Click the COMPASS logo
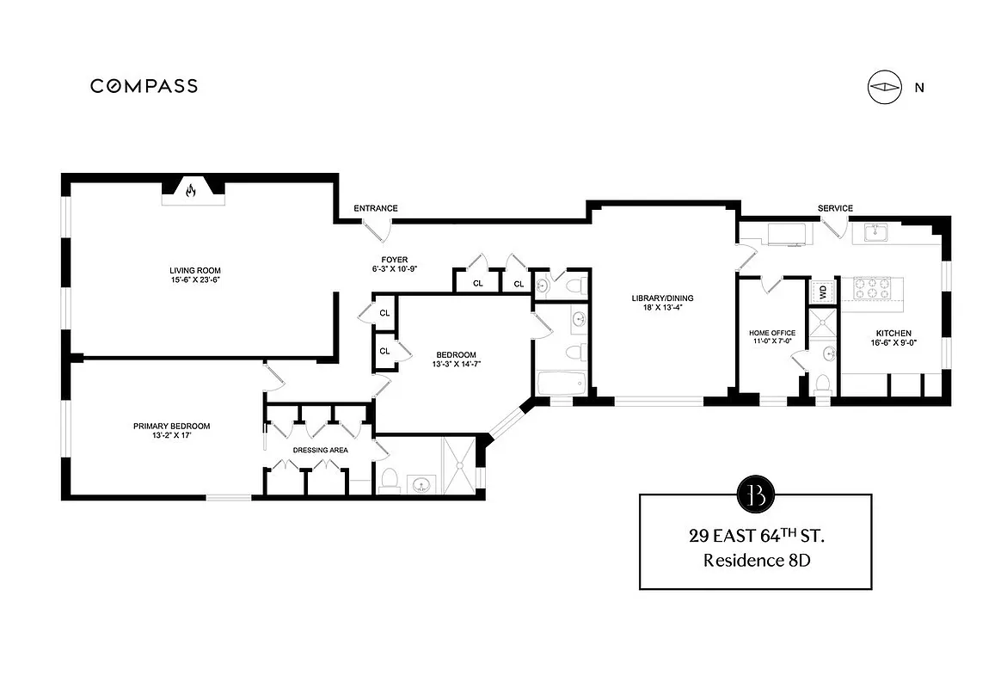[x=144, y=86]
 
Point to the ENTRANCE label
[x=377, y=208]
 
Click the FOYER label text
[x=395, y=260]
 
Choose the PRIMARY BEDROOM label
[x=171, y=426]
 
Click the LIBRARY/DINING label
[x=662, y=298]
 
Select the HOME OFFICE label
[x=771, y=333]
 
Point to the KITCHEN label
[x=893, y=334]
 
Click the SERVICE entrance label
[x=835, y=208]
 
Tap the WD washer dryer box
[x=822, y=292]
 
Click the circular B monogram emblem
[x=755, y=494]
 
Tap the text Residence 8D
[x=756, y=561]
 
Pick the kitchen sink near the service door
[x=875, y=231]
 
